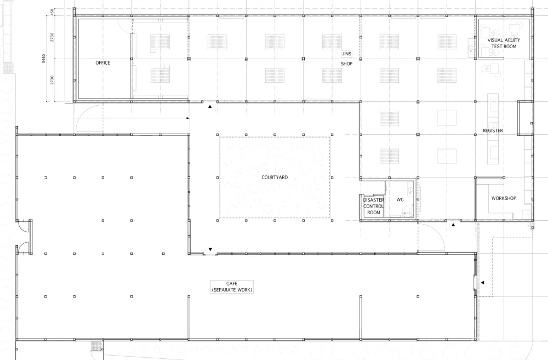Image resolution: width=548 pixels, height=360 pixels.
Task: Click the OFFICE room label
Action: coord(103,63)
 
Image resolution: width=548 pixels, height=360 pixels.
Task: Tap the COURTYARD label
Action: coord(275,178)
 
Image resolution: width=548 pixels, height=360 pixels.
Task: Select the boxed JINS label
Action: coord(347,54)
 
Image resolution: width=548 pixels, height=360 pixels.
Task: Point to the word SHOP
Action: coord(347,64)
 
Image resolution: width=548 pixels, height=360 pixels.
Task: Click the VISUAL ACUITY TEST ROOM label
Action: coord(504,43)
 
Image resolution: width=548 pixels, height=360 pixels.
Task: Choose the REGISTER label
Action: coord(493,131)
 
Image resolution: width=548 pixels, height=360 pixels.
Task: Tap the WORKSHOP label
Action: coord(504,198)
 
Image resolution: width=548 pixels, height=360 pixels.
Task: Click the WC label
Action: coord(400,199)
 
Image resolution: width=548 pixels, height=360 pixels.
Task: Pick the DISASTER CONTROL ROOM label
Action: coord(374,206)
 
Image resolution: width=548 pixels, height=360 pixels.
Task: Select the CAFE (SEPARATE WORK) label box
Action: coord(232,287)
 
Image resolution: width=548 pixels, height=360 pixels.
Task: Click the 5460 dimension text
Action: coord(44,59)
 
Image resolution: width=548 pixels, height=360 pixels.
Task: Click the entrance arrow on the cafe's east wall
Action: coord(482,282)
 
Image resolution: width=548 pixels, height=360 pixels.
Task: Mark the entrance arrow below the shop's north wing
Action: coord(210,107)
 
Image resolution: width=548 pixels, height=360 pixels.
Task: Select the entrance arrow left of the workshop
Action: coord(453,225)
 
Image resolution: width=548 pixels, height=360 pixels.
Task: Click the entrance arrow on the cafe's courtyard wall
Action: coord(210,249)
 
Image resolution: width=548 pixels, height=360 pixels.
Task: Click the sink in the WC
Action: coord(410,190)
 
